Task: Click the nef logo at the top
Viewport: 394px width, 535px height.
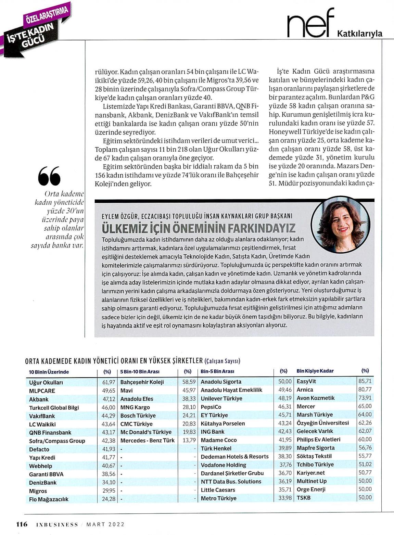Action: (x=310, y=24)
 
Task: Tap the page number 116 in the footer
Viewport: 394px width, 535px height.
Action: (x=22, y=524)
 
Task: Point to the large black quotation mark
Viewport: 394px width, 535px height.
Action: (x=49, y=176)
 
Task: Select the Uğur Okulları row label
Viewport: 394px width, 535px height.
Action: (x=46, y=382)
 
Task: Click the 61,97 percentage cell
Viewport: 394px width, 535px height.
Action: (x=109, y=382)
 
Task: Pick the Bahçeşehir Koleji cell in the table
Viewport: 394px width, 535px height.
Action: (x=142, y=382)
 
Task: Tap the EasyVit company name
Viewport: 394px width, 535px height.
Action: (x=306, y=381)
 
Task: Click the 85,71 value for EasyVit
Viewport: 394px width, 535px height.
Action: (x=365, y=381)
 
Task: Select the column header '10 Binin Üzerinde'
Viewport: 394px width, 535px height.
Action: (x=49, y=372)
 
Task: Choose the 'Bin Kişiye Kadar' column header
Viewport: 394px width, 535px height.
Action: (x=315, y=371)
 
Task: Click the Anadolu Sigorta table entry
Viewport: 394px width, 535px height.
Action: (x=221, y=382)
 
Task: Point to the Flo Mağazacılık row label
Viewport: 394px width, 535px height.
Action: (x=49, y=499)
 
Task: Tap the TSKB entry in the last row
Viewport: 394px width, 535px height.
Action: (x=304, y=498)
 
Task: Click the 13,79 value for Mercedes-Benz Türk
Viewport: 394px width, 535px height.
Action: (x=189, y=440)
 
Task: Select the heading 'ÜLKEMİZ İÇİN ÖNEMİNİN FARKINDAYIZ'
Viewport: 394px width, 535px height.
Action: (x=199, y=228)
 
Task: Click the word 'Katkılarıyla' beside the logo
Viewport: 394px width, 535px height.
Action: (x=359, y=34)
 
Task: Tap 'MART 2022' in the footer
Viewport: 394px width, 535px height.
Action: (x=105, y=524)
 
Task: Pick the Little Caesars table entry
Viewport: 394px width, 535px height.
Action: (x=218, y=490)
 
